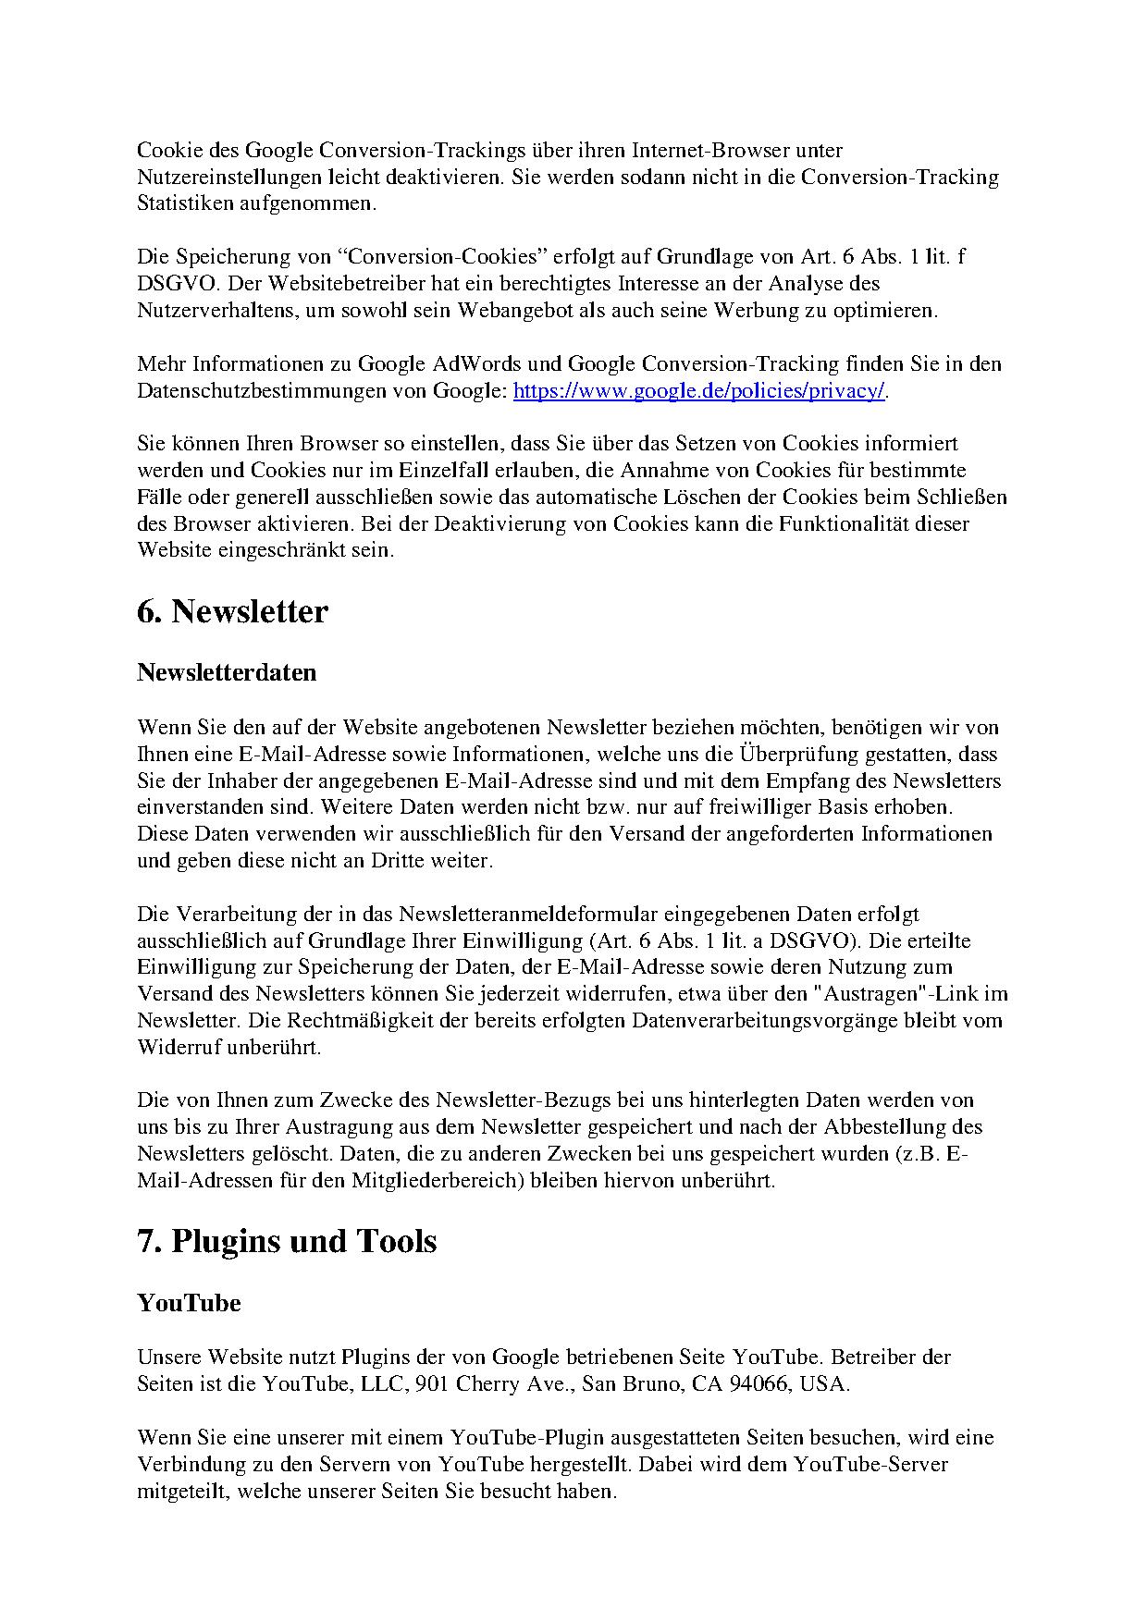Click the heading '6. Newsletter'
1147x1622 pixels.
[232, 612]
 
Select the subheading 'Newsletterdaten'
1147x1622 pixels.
[227, 672]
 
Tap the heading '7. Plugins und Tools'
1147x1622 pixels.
[287, 1241]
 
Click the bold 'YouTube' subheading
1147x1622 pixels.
[189, 1303]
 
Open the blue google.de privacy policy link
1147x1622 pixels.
[699, 390]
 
